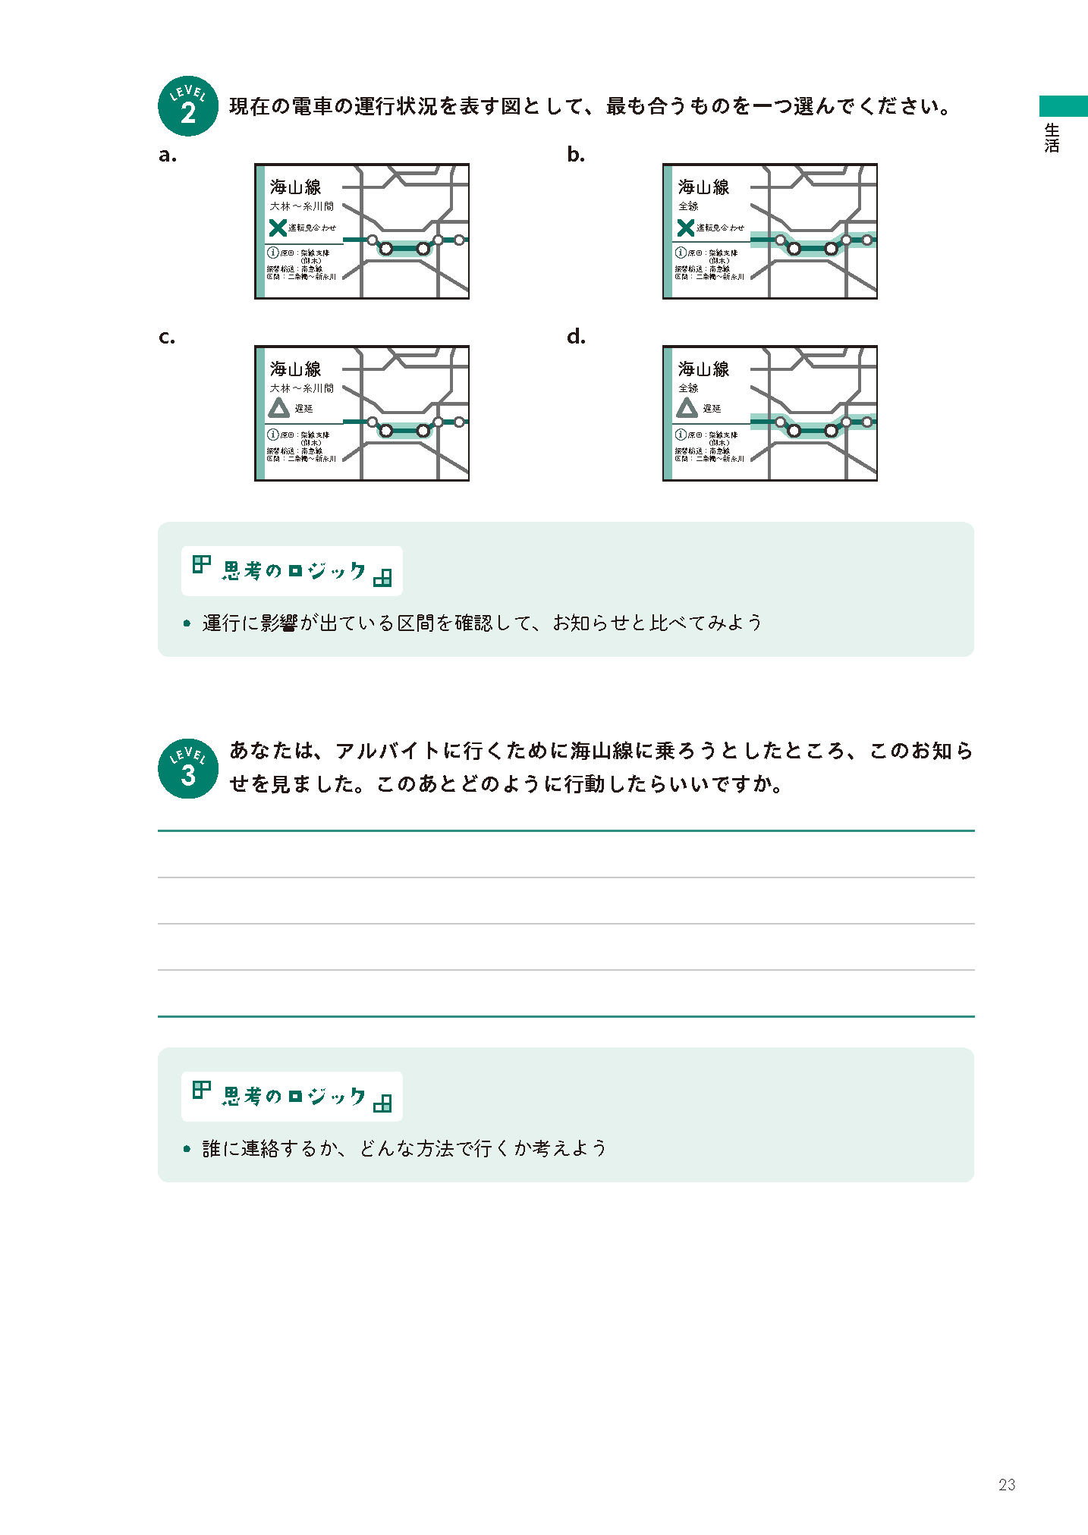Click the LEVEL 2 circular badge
[187, 106]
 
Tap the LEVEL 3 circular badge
[187, 768]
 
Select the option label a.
[168, 155]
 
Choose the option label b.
[576, 155]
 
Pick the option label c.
[167, 337]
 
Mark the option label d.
[576, 337]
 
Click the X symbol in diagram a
[278, 228]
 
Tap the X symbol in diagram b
[686, 228]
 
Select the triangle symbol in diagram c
[278, 409]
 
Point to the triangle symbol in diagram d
[687, 409]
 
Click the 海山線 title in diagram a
[295, 187]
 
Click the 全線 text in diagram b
[688, 206]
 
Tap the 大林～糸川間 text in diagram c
[301, 388]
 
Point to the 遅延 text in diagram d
[712, 409]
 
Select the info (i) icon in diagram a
[272, 253]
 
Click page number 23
[1007, 1485]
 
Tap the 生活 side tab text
[1052, 138]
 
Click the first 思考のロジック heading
[293, 571]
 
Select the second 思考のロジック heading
[293, 1097]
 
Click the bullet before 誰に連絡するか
[187, 1149]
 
